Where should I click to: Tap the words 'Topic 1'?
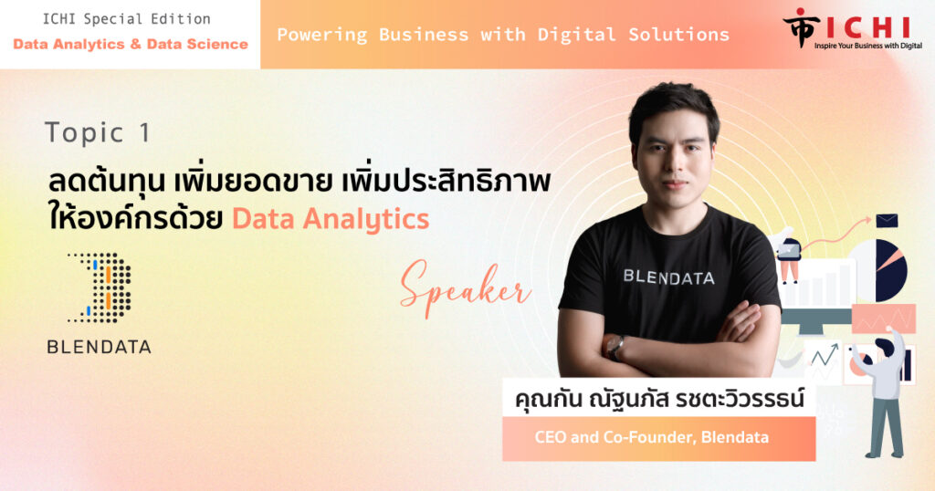pos(98,133)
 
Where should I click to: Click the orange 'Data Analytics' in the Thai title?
pos(331,219)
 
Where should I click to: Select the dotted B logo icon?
pos(100,287)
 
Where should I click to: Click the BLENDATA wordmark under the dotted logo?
pos(99,347)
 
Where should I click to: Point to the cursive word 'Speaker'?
pos(465,289)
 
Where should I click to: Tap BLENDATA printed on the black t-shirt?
pos(668,277)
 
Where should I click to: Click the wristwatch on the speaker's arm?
pos(615,346)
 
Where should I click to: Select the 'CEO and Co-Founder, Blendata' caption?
pos(651,437)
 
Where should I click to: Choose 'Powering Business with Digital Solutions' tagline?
pos(503,35)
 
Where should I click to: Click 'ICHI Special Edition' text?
pos(126,19)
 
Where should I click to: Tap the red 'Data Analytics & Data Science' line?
pos(131,44)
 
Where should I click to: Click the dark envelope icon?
pos(887,221)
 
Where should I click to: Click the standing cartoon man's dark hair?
pos(884,346)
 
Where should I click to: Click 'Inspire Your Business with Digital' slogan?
pos(868,46)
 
